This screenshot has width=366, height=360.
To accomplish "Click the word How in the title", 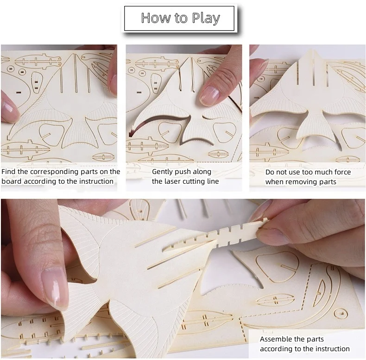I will [x=154, y=18].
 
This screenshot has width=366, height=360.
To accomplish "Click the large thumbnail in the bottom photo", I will [x=54, y=287].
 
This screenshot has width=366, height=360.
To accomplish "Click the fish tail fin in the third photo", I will [x=316, y=125].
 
